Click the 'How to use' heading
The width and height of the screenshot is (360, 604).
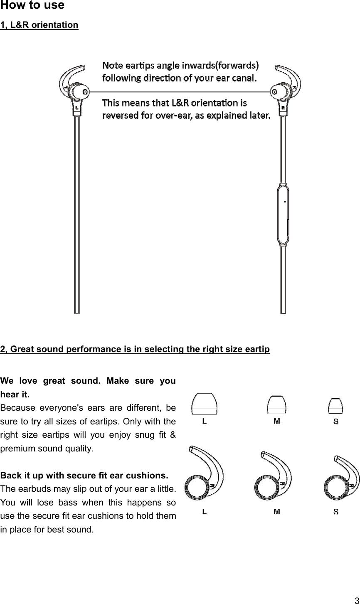click(x=32, y=6)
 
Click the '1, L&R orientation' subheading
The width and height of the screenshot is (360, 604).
click(x=39, y=25)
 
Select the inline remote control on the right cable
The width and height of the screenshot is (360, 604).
click(x=283, y=216)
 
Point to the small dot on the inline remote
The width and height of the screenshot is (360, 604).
click(x=285, y=202)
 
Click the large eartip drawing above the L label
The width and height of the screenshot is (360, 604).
click(x=204, y=404)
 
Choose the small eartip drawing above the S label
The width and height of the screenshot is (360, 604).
click(x=335, y=406)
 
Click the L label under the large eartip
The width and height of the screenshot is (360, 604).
click(x=204, y=422)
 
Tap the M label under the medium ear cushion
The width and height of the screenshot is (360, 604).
click(x=276, y=511)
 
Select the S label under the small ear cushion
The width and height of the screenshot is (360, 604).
click(x=335, y=512)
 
